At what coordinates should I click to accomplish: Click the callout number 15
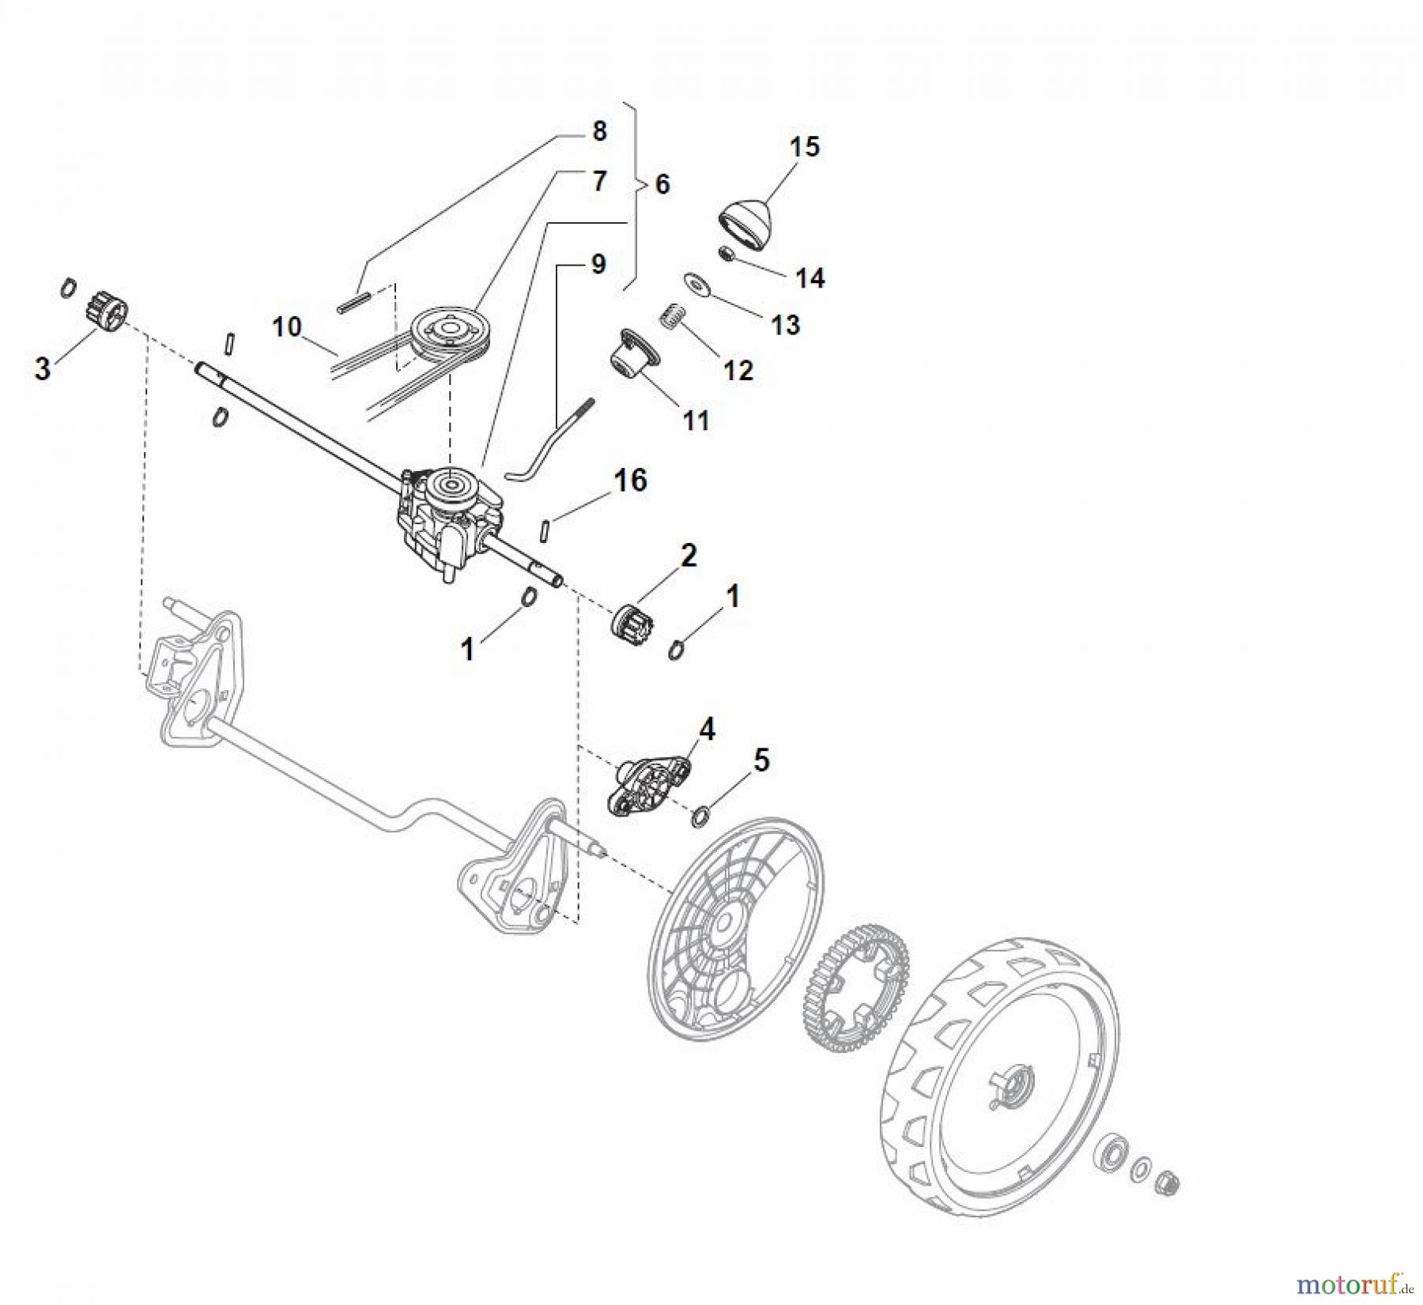(805, 146)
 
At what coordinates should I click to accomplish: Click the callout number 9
(598, 264)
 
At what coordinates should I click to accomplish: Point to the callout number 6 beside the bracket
(662, 184)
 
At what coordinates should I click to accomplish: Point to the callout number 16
(630, 480)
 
